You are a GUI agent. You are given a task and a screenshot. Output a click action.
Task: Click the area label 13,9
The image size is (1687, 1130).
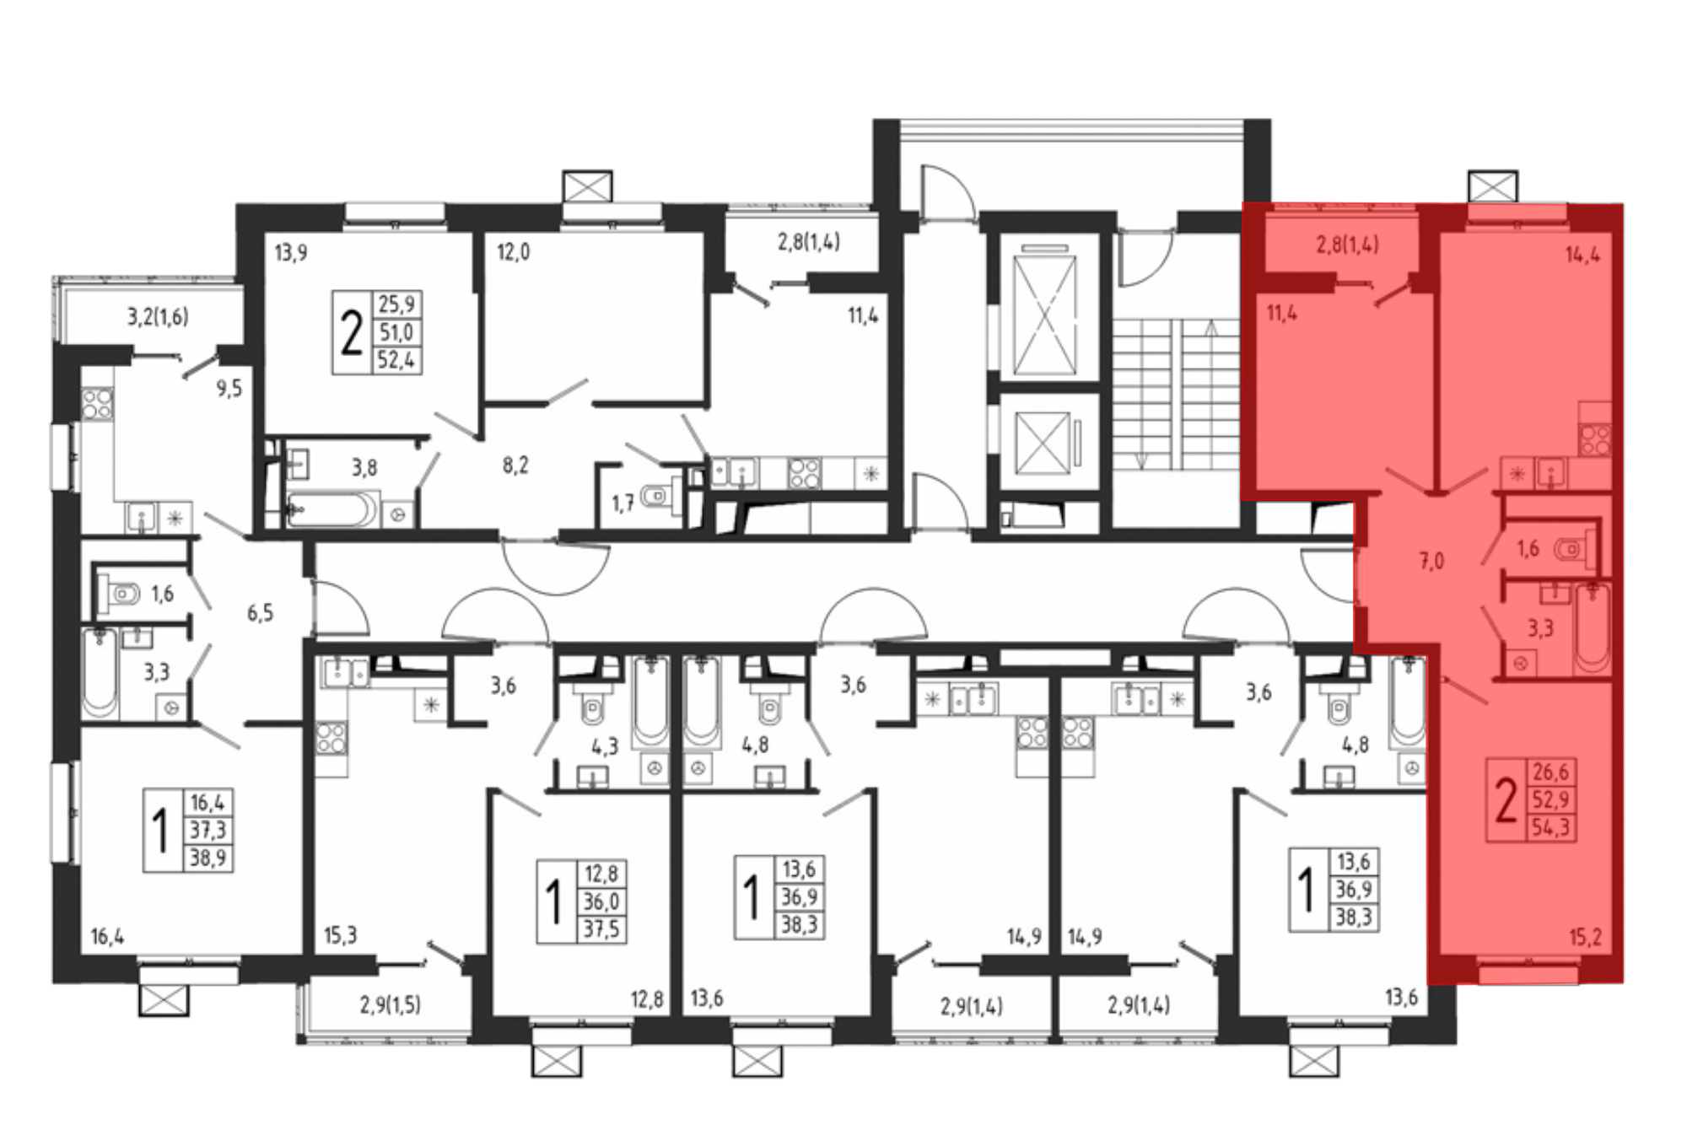click(291, 252)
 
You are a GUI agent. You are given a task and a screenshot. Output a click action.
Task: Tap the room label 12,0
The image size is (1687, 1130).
click(513, 252)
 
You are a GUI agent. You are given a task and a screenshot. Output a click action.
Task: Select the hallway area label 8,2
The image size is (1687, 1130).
click(515, 465)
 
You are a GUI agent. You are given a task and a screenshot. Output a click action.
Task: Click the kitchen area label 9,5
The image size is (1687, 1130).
click(229, 389)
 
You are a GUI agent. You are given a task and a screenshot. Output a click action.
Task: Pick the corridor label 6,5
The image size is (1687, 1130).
click(260, 612)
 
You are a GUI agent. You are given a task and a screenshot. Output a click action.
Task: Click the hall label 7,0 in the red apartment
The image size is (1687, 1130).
click(1431, 561)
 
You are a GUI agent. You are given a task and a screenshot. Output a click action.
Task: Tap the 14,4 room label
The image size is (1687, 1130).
click(1582, 254)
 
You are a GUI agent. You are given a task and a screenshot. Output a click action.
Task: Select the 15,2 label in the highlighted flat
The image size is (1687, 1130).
click(1585, 937)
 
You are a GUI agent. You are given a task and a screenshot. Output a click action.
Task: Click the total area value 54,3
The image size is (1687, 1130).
click(1550, 827)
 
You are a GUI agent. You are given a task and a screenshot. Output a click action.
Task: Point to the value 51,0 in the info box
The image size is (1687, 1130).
click(396, 331)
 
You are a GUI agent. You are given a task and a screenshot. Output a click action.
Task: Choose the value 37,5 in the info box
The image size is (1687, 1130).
click(601, 929)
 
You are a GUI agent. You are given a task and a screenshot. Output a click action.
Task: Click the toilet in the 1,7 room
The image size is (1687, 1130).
click(660, 495)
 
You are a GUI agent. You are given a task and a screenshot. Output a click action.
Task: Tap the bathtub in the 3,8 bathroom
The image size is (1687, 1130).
click(332, 509)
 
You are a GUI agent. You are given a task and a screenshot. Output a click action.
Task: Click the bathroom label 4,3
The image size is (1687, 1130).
click(605, 746)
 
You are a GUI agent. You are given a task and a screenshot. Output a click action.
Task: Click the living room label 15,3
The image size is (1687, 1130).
click(340, 935)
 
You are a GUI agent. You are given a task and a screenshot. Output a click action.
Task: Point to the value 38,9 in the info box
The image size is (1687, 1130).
click(208, 858)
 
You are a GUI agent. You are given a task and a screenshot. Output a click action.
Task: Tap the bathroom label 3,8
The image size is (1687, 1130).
click(364, 466)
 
